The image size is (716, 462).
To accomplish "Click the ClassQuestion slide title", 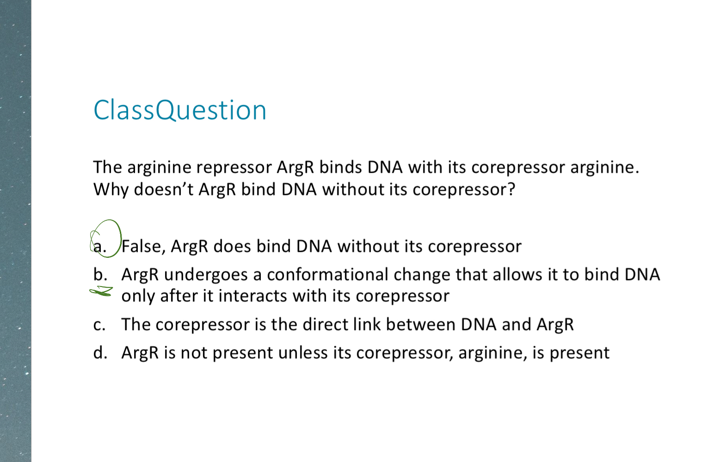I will pyautogui.click(x=180, y=110).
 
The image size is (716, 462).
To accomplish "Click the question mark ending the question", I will pyautogui.click(x=511, y=190).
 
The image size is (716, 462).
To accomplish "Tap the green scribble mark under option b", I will pyautogui.click(x=101, y=291).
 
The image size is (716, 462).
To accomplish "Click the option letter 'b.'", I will pyautogui.click(x=100, y=275).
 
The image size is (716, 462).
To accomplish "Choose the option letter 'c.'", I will pyautogui.click(x=99, y=325).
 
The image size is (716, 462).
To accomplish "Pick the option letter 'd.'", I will pyautogui.click(x=100, y=353).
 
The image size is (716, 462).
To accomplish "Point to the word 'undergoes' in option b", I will pyautogui.click(x=206, y=275).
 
